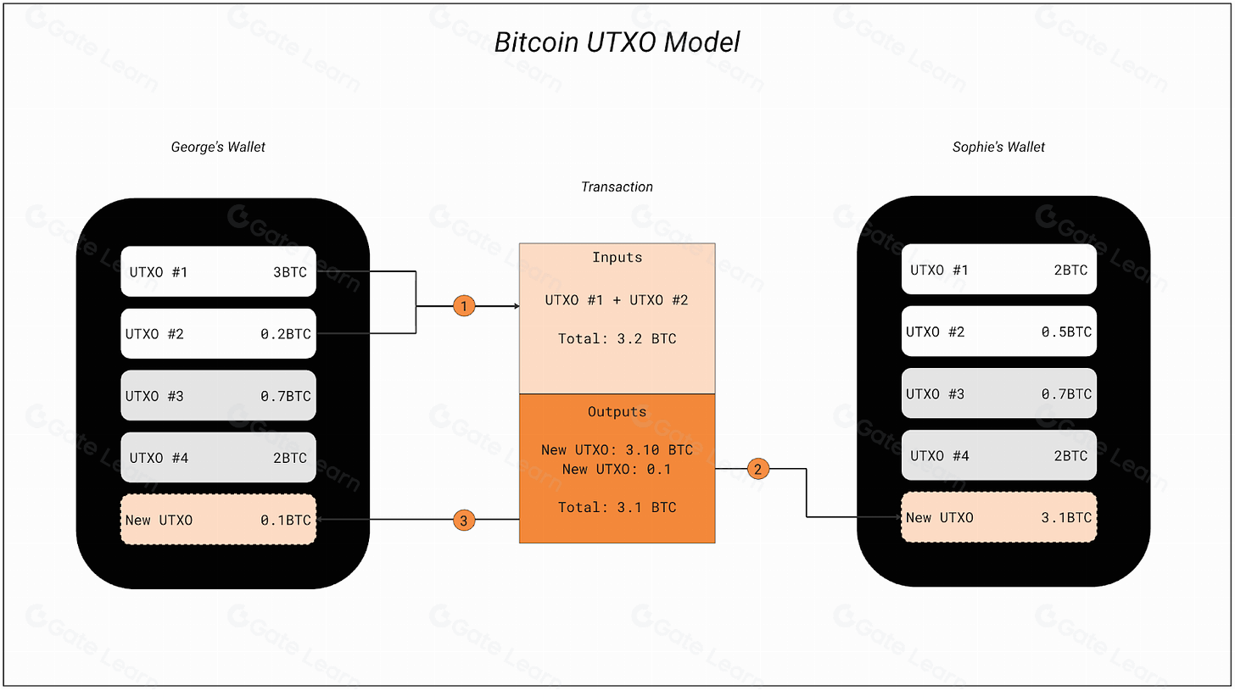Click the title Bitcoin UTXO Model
[617, 42]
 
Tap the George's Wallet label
[218, 147]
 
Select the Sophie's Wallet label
[998, 147]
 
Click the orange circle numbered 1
[464, 306]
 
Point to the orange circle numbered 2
[757, 468]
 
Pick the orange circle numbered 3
[463, 520]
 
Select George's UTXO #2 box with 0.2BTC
[218, 334]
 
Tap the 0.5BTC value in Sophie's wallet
[1066, 332]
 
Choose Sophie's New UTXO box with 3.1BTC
[998, 518]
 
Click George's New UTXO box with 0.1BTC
[218, 520]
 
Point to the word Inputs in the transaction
[617, 257]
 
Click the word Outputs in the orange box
[617, 412]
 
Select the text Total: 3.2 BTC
[617, 339]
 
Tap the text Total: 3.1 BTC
[617, 508]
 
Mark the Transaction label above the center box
[617, 187]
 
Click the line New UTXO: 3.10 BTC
[617, 450]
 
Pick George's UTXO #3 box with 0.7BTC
[218, 396]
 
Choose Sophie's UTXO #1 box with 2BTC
[998, 270]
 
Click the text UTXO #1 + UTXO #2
[617, 300]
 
